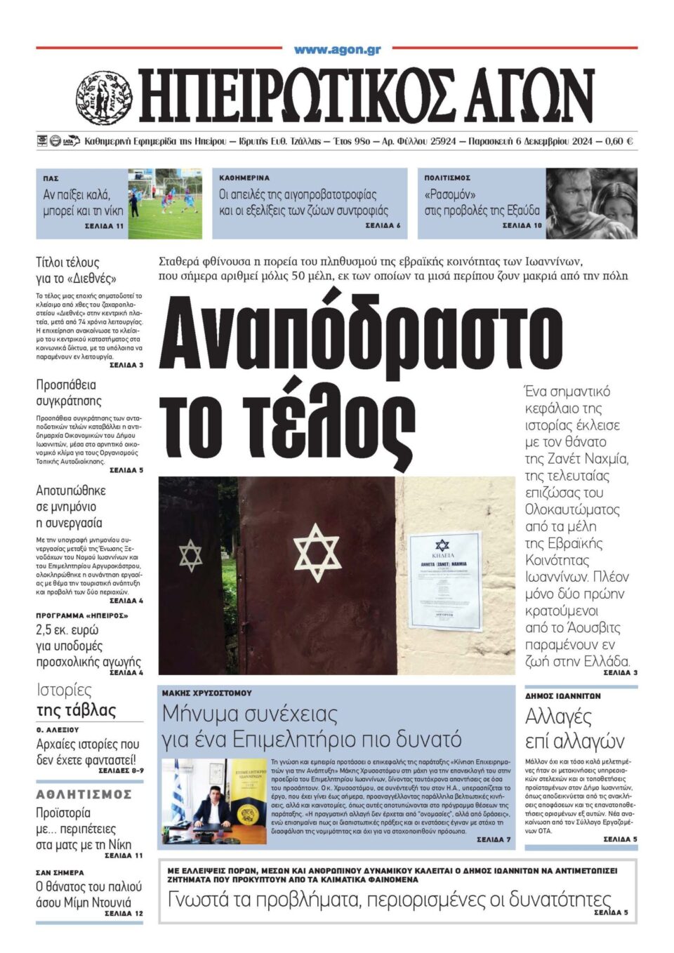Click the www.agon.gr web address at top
pos(337,50)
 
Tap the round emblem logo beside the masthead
pos(104,98)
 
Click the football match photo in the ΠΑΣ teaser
pos(165,203)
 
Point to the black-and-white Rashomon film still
pos(592,203)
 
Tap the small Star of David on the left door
pos(190,554)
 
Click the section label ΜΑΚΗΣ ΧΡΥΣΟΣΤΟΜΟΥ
pos(207,693)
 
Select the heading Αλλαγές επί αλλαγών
pos(574,728)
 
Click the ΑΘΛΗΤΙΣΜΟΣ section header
pos(84,794)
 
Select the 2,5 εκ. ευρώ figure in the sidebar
pos(67,630)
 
